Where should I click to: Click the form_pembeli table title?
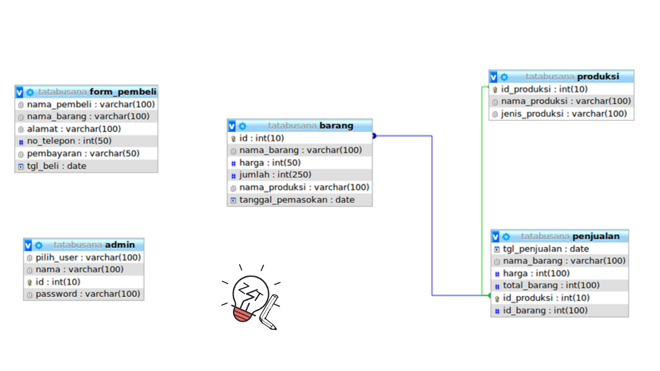[123, 92]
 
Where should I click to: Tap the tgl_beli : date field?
[57, 166]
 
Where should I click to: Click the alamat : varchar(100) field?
[74, 129]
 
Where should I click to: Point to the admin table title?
[120, 245]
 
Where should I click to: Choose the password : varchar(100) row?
[88, 294]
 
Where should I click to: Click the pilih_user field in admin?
[88, 258]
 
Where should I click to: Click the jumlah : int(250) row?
[275, 175]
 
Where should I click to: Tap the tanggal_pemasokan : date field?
[297, 200]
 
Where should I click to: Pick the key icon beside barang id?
[233, 139]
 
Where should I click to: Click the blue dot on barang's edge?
[374, 136]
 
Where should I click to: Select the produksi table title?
[598, 77]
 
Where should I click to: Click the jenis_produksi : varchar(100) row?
[563, 114]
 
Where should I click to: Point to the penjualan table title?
[596, 236]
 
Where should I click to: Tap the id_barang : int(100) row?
[545, 310]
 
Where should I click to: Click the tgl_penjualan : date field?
[545, 249]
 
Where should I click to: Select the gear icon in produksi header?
[504, 77]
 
